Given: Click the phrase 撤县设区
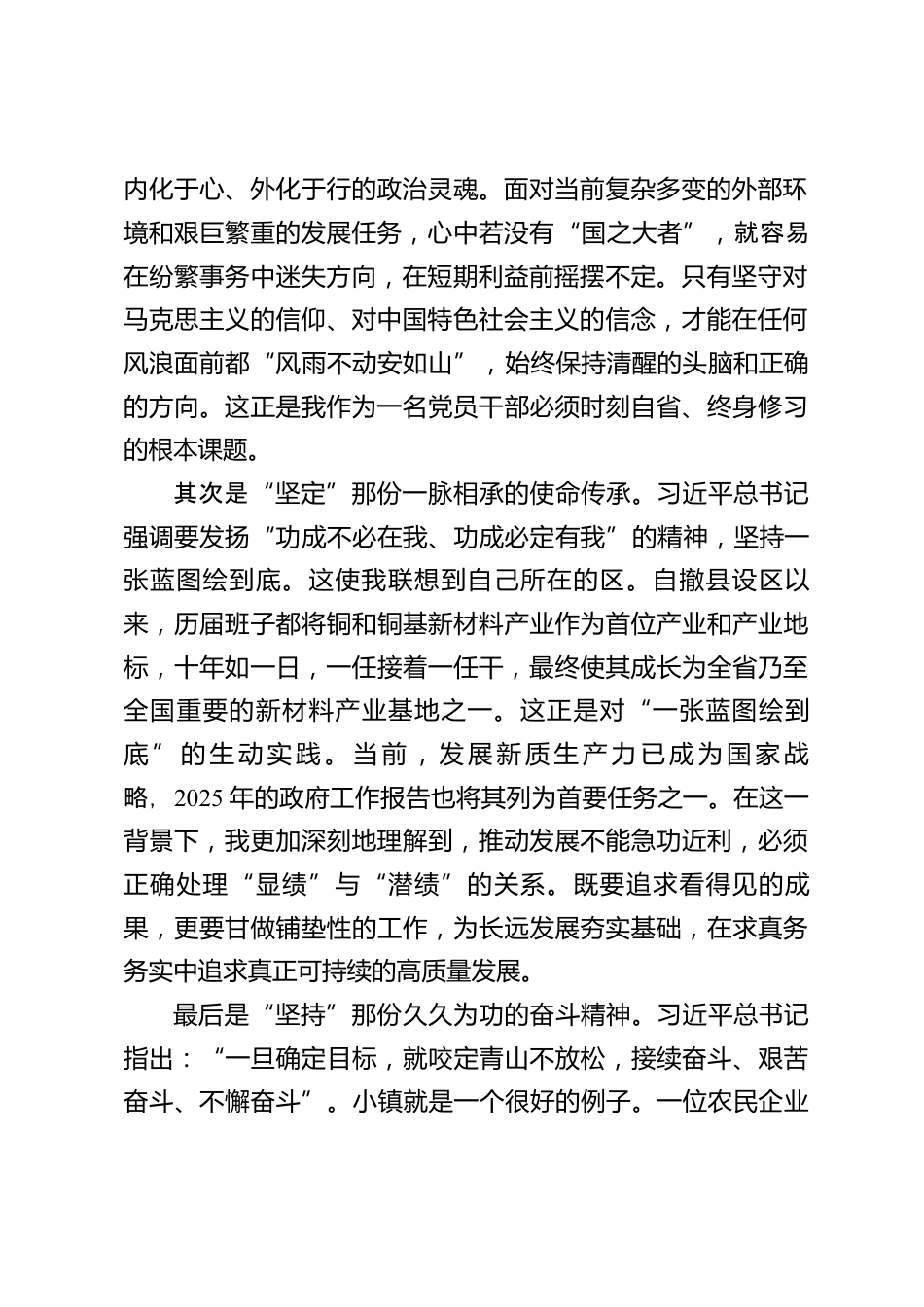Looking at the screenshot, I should click(x=716, y=581).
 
